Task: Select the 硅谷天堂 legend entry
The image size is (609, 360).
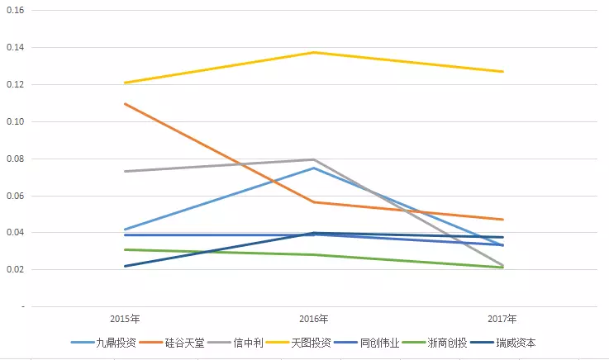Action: click(x=183, y=343)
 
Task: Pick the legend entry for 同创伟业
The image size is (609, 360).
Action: click(x=380, y=343)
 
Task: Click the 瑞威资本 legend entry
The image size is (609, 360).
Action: click(x=516, y=343)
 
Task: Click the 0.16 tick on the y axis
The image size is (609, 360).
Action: click(x=17, y=11)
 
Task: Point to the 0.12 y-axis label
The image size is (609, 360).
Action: click(x=17, y=85)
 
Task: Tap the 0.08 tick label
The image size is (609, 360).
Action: click(x=17, y=159)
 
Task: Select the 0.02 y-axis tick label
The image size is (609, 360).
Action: click(x=17, y=270)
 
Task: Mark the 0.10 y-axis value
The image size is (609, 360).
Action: click(x=17, y=122)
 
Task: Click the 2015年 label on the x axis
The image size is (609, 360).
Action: click(x=125, y=319)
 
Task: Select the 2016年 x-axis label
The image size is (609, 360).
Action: click(x=314, y=319)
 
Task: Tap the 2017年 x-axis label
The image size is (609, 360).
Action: click(x=502, y=319)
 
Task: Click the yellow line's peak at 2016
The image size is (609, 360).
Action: click(x=314, y=53)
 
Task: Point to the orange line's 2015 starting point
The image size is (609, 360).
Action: click(x=125, y=104)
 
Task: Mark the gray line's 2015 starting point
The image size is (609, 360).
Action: click(x=125, y=172)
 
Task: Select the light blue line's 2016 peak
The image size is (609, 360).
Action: click(x=314, y=168)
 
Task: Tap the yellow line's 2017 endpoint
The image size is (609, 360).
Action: click(x=502, y=72)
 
